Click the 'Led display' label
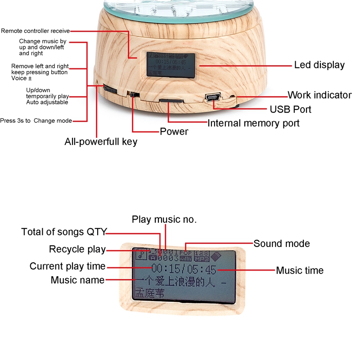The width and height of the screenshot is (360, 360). pos(319,65)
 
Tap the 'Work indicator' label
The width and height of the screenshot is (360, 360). pos(319,95)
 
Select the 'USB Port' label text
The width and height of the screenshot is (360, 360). pos(290,109)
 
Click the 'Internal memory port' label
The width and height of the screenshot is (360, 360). pos(253,123)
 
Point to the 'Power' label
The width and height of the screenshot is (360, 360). pos(174,132)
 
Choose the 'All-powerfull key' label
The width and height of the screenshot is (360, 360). pos(101,142)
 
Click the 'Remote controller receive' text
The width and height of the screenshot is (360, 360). pos(35,31)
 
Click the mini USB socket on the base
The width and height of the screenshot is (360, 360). pos(211,97)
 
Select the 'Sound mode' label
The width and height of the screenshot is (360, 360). pos(282,243)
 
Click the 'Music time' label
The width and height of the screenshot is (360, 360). pos(300,270)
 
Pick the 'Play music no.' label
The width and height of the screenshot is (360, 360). pos(164,220)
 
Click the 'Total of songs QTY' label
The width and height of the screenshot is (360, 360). pos(64,232)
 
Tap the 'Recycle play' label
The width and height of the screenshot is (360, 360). pos(77,249)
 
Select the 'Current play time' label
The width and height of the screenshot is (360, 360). pos(67,266)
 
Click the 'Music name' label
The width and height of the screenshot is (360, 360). pos(77,280)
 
